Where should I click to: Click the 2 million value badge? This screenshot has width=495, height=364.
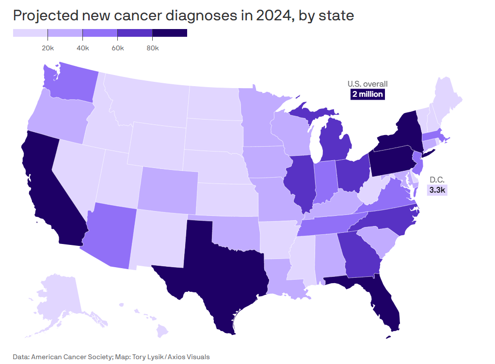point(367,94)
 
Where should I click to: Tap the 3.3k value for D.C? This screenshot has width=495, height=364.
point(437,190)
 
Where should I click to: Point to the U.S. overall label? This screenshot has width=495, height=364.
point(367,84)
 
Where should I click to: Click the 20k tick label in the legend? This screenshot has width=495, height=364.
point(48,48)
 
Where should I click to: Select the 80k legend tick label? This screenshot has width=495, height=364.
point(152,48)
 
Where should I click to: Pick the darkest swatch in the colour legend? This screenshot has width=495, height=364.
point(170,33)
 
